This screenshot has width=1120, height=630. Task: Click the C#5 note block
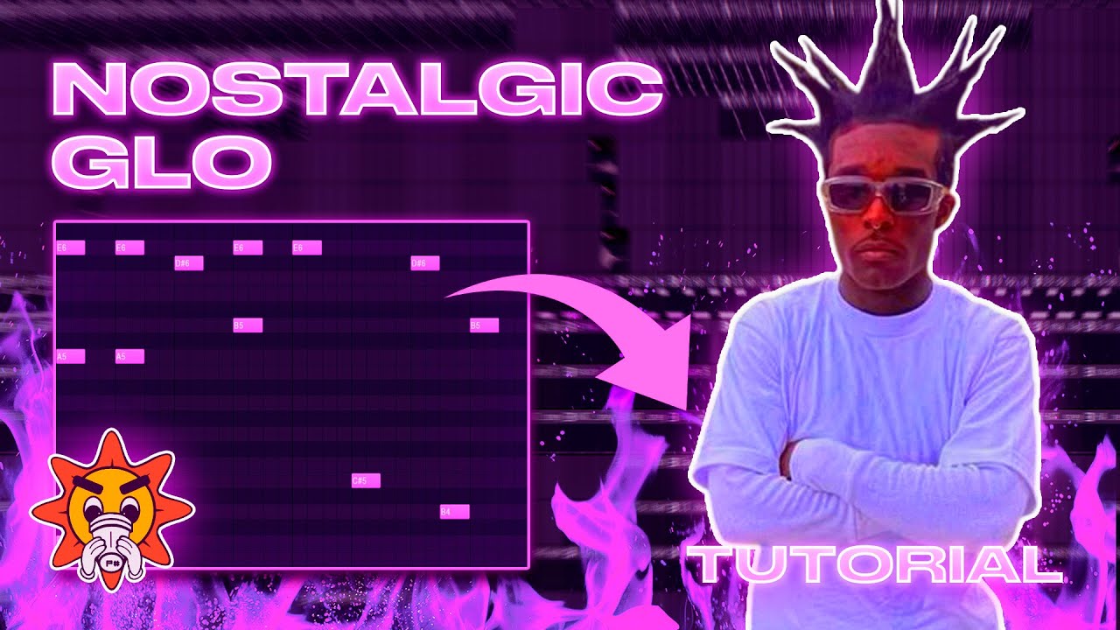366,480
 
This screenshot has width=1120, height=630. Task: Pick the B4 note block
454,512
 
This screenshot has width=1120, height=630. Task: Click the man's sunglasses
881,194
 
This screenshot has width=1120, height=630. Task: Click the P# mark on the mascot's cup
113,565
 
